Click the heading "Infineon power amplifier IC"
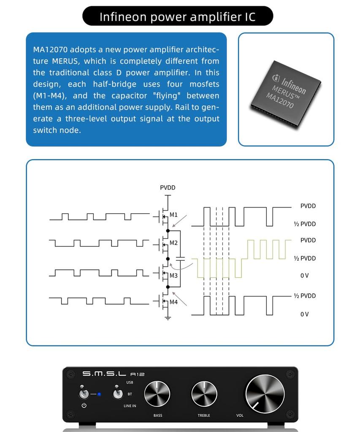pos(177,17)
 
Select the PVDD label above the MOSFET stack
pos(168,188)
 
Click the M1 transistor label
pos(173,215)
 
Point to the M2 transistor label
pos(173,243)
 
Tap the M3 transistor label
pos(173,275)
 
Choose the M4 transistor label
pos(173,302)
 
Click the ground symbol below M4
pos(168,318)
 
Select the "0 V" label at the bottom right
pos(304,314)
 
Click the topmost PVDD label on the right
pos(308,206)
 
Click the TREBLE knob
pos(204,394)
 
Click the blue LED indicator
pos(99,394)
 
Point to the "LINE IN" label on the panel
pos(130,406)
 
